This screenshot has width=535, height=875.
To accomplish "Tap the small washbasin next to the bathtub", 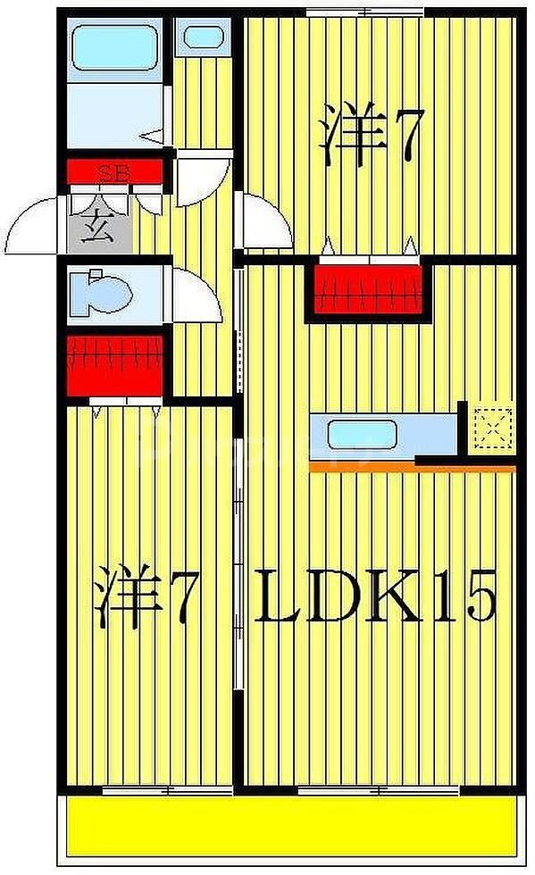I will (x=205, y=38).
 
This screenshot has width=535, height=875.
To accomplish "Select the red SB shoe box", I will (x=113, y=171).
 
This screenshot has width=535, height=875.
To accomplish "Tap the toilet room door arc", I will (x=195, y=295).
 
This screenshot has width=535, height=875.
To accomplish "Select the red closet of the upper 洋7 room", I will (x=370, y=287).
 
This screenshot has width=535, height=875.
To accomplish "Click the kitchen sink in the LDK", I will (x=363, y=435).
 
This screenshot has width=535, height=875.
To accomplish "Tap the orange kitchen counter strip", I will (x=411, y=466).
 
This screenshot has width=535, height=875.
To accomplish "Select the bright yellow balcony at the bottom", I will (x=289, y=828).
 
